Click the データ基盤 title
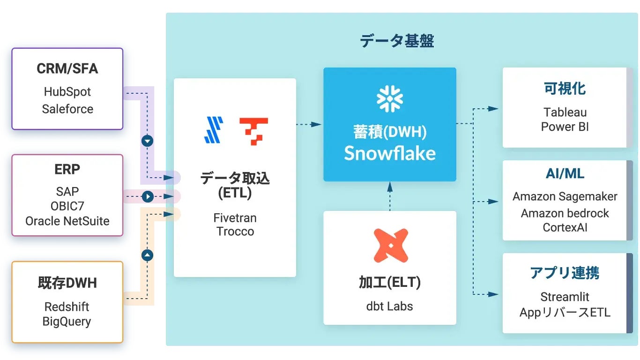click(396, 41)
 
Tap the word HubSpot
click(67, 91)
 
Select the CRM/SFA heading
click(67, 69)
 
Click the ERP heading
click(67, 169)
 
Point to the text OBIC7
click(67, 206)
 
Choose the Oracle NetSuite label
click(67, 221)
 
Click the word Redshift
click(67, 307)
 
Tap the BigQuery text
click(67, 322)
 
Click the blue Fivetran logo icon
click(214, 130)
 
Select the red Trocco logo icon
click(253, 131)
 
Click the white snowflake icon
click(390, 99)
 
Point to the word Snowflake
click(390, 153)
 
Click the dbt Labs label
click(390, 306)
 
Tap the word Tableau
click(565, 112)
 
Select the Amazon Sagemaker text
click(565, 196)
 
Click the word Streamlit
click(565, 297)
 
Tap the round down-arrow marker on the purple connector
click(148, 141)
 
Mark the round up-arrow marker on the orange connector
click(148, 255)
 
